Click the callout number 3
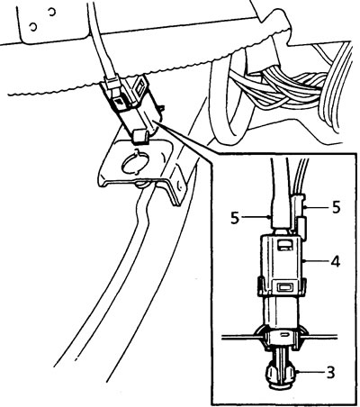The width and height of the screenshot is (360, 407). (x=330, y=373)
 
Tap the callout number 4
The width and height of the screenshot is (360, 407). (x=336, y=262)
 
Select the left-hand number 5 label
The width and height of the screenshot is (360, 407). (x=235, y=218)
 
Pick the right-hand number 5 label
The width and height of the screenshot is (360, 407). (x=337, y=207)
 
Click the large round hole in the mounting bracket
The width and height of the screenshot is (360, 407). (x=136, y=163)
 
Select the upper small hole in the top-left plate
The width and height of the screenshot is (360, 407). (x=52, y=12)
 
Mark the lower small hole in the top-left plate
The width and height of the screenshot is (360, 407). (x=33, y=27)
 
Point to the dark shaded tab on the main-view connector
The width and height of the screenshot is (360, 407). (x=121, y=103)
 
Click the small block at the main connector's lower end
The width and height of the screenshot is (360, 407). (x=139, y=136)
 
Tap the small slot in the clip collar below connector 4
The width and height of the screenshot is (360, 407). (x=283, y=334)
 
